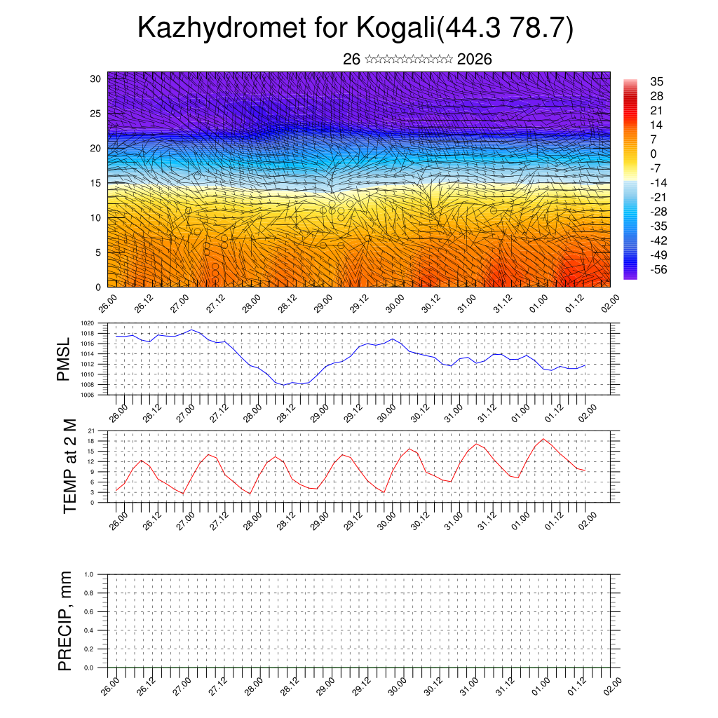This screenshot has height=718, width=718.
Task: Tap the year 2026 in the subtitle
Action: point(474,60)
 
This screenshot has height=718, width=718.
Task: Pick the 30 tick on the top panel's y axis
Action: point(96,79)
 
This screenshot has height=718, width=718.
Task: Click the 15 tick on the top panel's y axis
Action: point(96,183)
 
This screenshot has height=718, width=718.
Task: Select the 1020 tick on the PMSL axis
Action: point(87,323)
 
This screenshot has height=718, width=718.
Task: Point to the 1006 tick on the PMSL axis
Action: point(87,395)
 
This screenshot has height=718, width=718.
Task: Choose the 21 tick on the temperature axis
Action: point(91,431)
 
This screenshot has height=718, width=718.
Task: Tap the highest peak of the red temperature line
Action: point(543,439)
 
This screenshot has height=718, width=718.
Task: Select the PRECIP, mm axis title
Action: point(65,621)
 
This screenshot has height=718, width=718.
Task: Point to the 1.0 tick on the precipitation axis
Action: point(89,574)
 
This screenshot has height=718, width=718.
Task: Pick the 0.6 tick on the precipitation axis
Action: point(89,611)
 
